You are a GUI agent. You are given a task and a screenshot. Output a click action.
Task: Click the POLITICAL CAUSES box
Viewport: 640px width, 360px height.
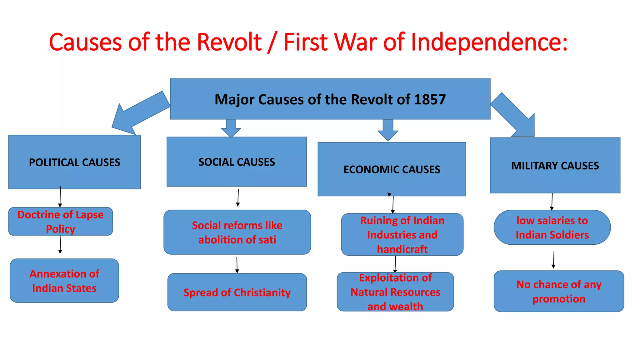(x=74, y=162)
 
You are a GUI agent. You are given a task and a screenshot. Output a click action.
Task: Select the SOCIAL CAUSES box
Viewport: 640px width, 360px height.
(x=237, y=162)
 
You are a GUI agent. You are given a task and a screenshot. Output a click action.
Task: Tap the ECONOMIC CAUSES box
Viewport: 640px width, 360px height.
(x=392, y=169)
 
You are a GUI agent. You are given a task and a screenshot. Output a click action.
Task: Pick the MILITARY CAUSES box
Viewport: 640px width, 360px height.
(x=555, y=165)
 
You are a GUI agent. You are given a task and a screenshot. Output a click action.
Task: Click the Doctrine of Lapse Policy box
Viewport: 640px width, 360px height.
(x=60, y=221)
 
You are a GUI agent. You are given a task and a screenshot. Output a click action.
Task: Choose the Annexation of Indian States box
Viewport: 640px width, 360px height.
(x=64, y=281)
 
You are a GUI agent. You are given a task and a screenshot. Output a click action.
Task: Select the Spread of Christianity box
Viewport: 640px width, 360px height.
(x=237, y=292)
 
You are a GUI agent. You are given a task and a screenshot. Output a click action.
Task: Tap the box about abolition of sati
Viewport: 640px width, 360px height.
(x=237, y=232)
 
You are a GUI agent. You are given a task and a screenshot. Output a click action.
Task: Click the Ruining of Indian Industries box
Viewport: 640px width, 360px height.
(x=402, y=234)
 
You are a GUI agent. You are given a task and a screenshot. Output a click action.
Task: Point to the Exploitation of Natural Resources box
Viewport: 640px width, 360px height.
(x=395, y=292)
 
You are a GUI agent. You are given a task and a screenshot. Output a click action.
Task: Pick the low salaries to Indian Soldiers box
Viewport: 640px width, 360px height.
(x=552, y=227)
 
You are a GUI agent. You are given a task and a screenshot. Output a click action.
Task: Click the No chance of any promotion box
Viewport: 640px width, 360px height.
(x=559, y=291)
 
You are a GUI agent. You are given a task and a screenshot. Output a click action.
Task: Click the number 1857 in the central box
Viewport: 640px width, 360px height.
(x=430, y=99)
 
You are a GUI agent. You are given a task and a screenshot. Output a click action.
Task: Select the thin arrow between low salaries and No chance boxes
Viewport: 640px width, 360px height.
(x=554, y=259)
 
